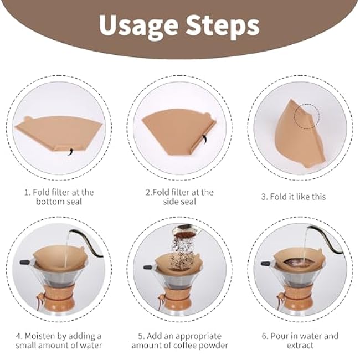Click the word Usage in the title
tap(138, 26)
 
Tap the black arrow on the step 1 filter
tap(71, 151)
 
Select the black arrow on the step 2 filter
tap(204, 139)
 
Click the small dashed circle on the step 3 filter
tap(307, 116)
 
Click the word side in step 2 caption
tap(170, 202)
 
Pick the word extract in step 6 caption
tap(300, 345)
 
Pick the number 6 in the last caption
tap(264, 336)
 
